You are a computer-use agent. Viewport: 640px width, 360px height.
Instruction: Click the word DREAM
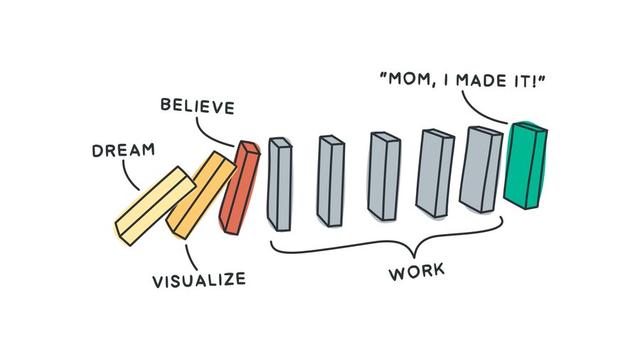(x=122, y=151)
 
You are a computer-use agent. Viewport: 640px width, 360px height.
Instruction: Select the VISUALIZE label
(x=199, y=277)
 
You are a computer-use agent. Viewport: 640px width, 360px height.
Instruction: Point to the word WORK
(x=416, y=271)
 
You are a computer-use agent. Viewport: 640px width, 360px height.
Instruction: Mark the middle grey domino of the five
(x=384, y=176)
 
